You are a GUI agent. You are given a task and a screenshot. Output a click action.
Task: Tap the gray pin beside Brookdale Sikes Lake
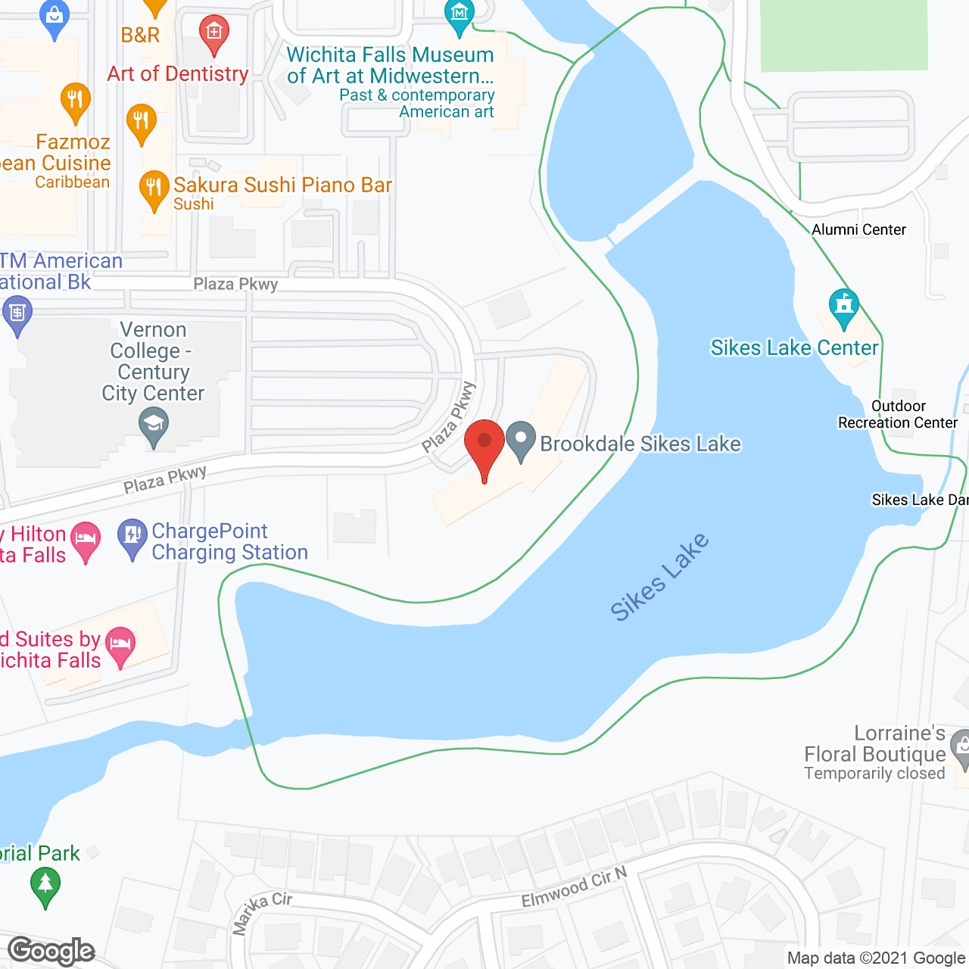(521, 441)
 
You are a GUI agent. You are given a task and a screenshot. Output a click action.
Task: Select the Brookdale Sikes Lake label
(640, 444)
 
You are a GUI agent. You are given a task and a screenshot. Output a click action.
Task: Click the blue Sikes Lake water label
(659, 577)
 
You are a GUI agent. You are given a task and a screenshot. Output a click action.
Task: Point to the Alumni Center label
(858, 229)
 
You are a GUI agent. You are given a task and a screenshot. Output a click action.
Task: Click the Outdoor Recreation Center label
(897, 414)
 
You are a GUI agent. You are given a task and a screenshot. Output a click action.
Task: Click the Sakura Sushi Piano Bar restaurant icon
(154, 189)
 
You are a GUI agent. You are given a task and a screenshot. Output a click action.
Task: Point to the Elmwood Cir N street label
(574, 887)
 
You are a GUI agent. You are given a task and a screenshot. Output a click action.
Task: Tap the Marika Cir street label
(261, 912)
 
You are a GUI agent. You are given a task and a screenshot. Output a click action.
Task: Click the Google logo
(51, 951)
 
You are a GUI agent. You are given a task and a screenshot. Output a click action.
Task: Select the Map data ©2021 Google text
(876, 958)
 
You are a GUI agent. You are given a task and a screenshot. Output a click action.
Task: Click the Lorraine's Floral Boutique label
(874, 752)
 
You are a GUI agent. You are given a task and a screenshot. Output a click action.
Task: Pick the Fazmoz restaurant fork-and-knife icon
(75, 101)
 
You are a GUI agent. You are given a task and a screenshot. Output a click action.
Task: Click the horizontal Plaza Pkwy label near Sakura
(235, 284)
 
